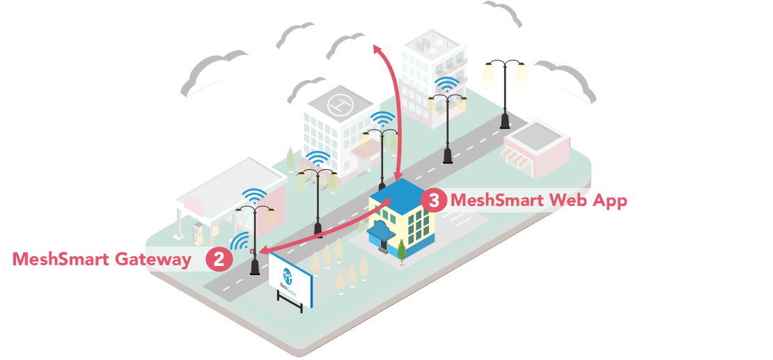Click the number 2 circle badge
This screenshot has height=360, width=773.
click(x=219, y=260)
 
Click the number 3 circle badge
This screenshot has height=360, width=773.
click(x=434, y=201)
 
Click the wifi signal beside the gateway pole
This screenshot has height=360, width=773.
click(x=241, y=242)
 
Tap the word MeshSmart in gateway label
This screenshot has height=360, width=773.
click(x=61, y=260)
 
